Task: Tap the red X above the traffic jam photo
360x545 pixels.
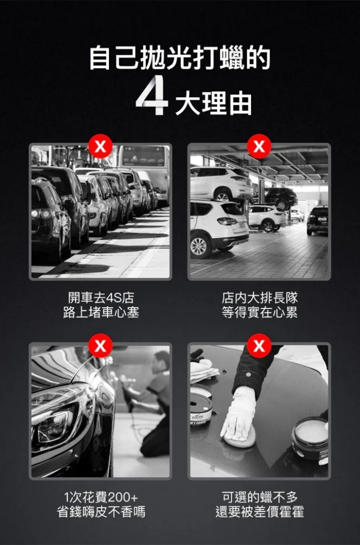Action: (100, 147)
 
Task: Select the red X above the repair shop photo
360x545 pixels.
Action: (259, 146)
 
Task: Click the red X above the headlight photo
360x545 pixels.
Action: (100, 346)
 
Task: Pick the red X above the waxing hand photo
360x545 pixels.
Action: (259, 346)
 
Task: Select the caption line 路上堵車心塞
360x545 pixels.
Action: (101, 313)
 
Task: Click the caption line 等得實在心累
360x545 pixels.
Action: (260, 313)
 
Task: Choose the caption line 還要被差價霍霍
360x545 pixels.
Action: (260, 512)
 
